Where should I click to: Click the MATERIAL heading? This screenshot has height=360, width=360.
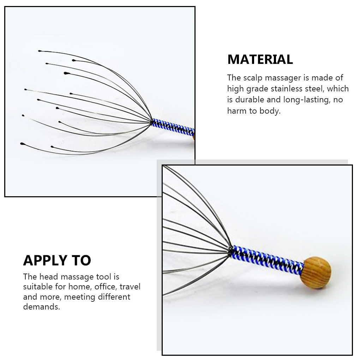[x=260, y=59]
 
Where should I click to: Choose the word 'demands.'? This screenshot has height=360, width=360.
[x=42, y=307]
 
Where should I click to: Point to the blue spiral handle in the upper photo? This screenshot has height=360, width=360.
[x=173, y=127]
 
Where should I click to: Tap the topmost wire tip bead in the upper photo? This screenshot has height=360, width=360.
[x=40, y=51]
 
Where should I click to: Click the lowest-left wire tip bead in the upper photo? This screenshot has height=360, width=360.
[x=23, y=144]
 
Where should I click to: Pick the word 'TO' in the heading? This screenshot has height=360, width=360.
[x=81, y=260]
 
